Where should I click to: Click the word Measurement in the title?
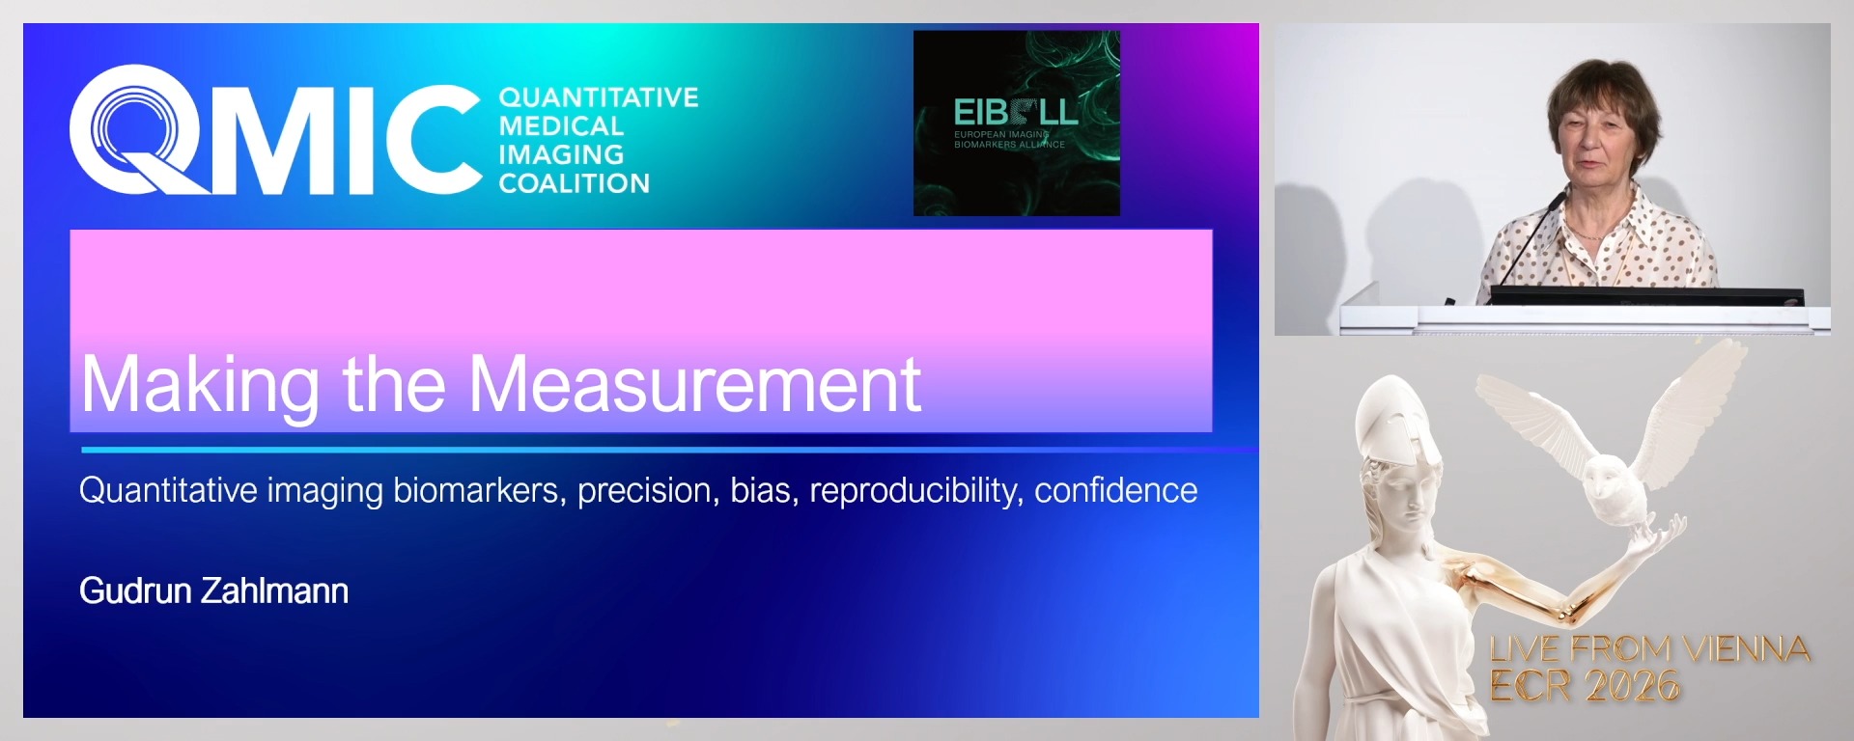click(x=694, y=384)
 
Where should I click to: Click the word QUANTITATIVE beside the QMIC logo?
click(x=598, y=97)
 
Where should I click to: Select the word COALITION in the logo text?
click(x=574, y=183)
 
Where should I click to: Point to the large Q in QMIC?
click(x=135, y=129)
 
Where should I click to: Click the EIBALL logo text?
click(x=1014, y=113)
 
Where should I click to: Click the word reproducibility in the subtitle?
click(x=916, y=491)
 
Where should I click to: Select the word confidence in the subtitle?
click(x=1115, y=490)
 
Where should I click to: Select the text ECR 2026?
click(x=1584, y=686)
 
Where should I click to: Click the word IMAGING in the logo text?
click(x=561, y=154)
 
